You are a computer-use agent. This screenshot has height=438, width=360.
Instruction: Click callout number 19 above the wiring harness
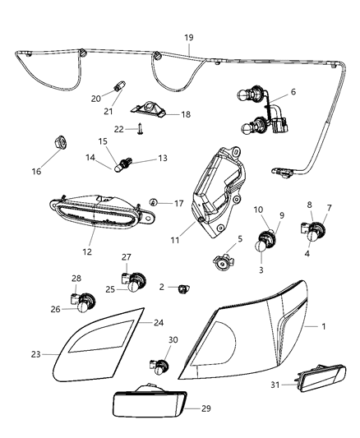tap(188, 38)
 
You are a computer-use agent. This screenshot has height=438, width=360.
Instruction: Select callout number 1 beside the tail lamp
tap(324, 327)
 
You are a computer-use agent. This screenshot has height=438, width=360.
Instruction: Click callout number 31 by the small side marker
tap(275, 384)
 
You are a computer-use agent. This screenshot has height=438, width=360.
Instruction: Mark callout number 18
tap(185, 115)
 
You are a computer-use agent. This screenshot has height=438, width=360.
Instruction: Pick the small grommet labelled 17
tap(154, 202)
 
